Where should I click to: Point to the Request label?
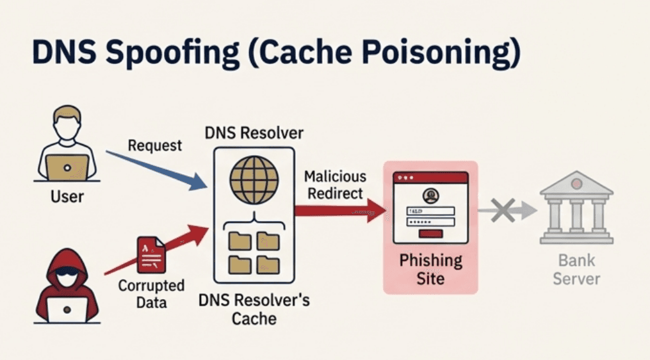(x=154, y=145)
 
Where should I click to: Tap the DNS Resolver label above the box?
(x=254, y=133)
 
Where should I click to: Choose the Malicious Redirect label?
(x=335, y=184)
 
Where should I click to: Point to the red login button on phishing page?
(x=430, y=234)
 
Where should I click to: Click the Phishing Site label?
(x=430, y=270)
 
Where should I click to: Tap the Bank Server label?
(x=576, y=270)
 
